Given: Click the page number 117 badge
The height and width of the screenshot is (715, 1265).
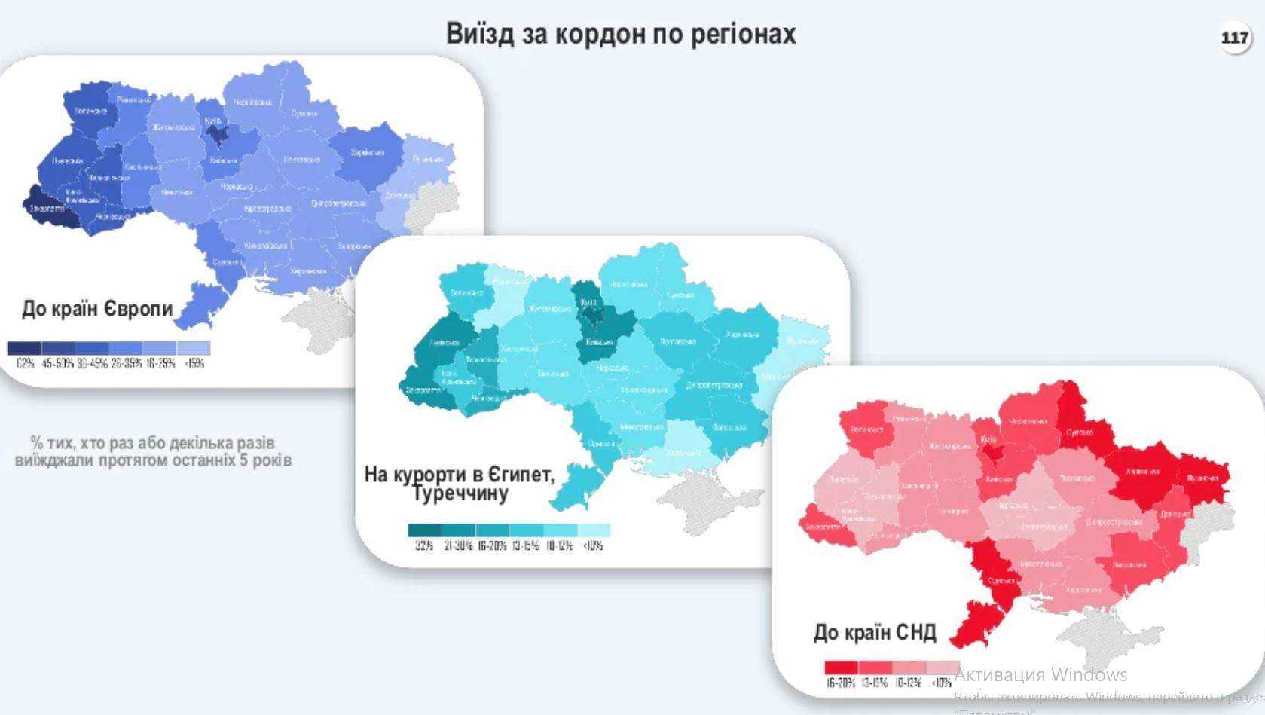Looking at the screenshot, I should [1235, 37].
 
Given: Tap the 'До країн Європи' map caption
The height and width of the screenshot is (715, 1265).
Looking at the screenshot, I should [97, 309].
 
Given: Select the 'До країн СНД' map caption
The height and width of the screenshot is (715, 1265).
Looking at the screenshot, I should [874, 632].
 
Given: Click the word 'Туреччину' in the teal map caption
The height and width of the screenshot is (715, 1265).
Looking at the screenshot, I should [460, 494].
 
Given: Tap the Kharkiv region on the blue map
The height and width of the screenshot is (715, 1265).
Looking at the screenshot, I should [367, 154].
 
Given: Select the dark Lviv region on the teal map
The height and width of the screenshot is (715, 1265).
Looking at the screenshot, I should [443, 343].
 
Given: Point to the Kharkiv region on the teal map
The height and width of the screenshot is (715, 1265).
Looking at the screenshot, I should [742, 335].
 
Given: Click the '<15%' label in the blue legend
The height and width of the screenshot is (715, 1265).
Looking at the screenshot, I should [194, 364].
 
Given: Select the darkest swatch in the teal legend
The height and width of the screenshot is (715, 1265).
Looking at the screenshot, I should [424, 530].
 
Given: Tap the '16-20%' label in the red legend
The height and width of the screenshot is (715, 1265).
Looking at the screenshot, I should [841, 683].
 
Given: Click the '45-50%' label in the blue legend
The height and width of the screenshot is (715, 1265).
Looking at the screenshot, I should [58, 364].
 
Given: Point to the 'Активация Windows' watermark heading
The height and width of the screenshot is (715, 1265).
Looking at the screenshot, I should [1040, 674].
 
